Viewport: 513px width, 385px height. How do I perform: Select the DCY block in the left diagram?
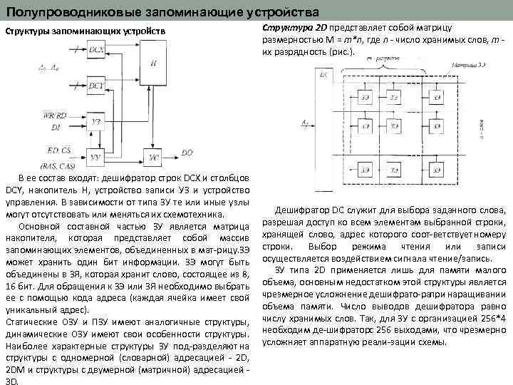tap(96, 88)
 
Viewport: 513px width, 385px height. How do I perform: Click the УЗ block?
tap(96, 121)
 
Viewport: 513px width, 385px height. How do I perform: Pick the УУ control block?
tap(96, 156)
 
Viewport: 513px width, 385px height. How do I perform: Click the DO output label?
tap(187, 153)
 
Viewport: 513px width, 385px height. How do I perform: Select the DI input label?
tap(56, 127)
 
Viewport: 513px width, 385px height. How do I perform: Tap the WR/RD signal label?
tap(55, 115)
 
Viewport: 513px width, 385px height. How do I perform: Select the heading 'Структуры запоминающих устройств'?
tap(85, 32)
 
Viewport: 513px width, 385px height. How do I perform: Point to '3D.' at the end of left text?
tap(11, 381)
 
